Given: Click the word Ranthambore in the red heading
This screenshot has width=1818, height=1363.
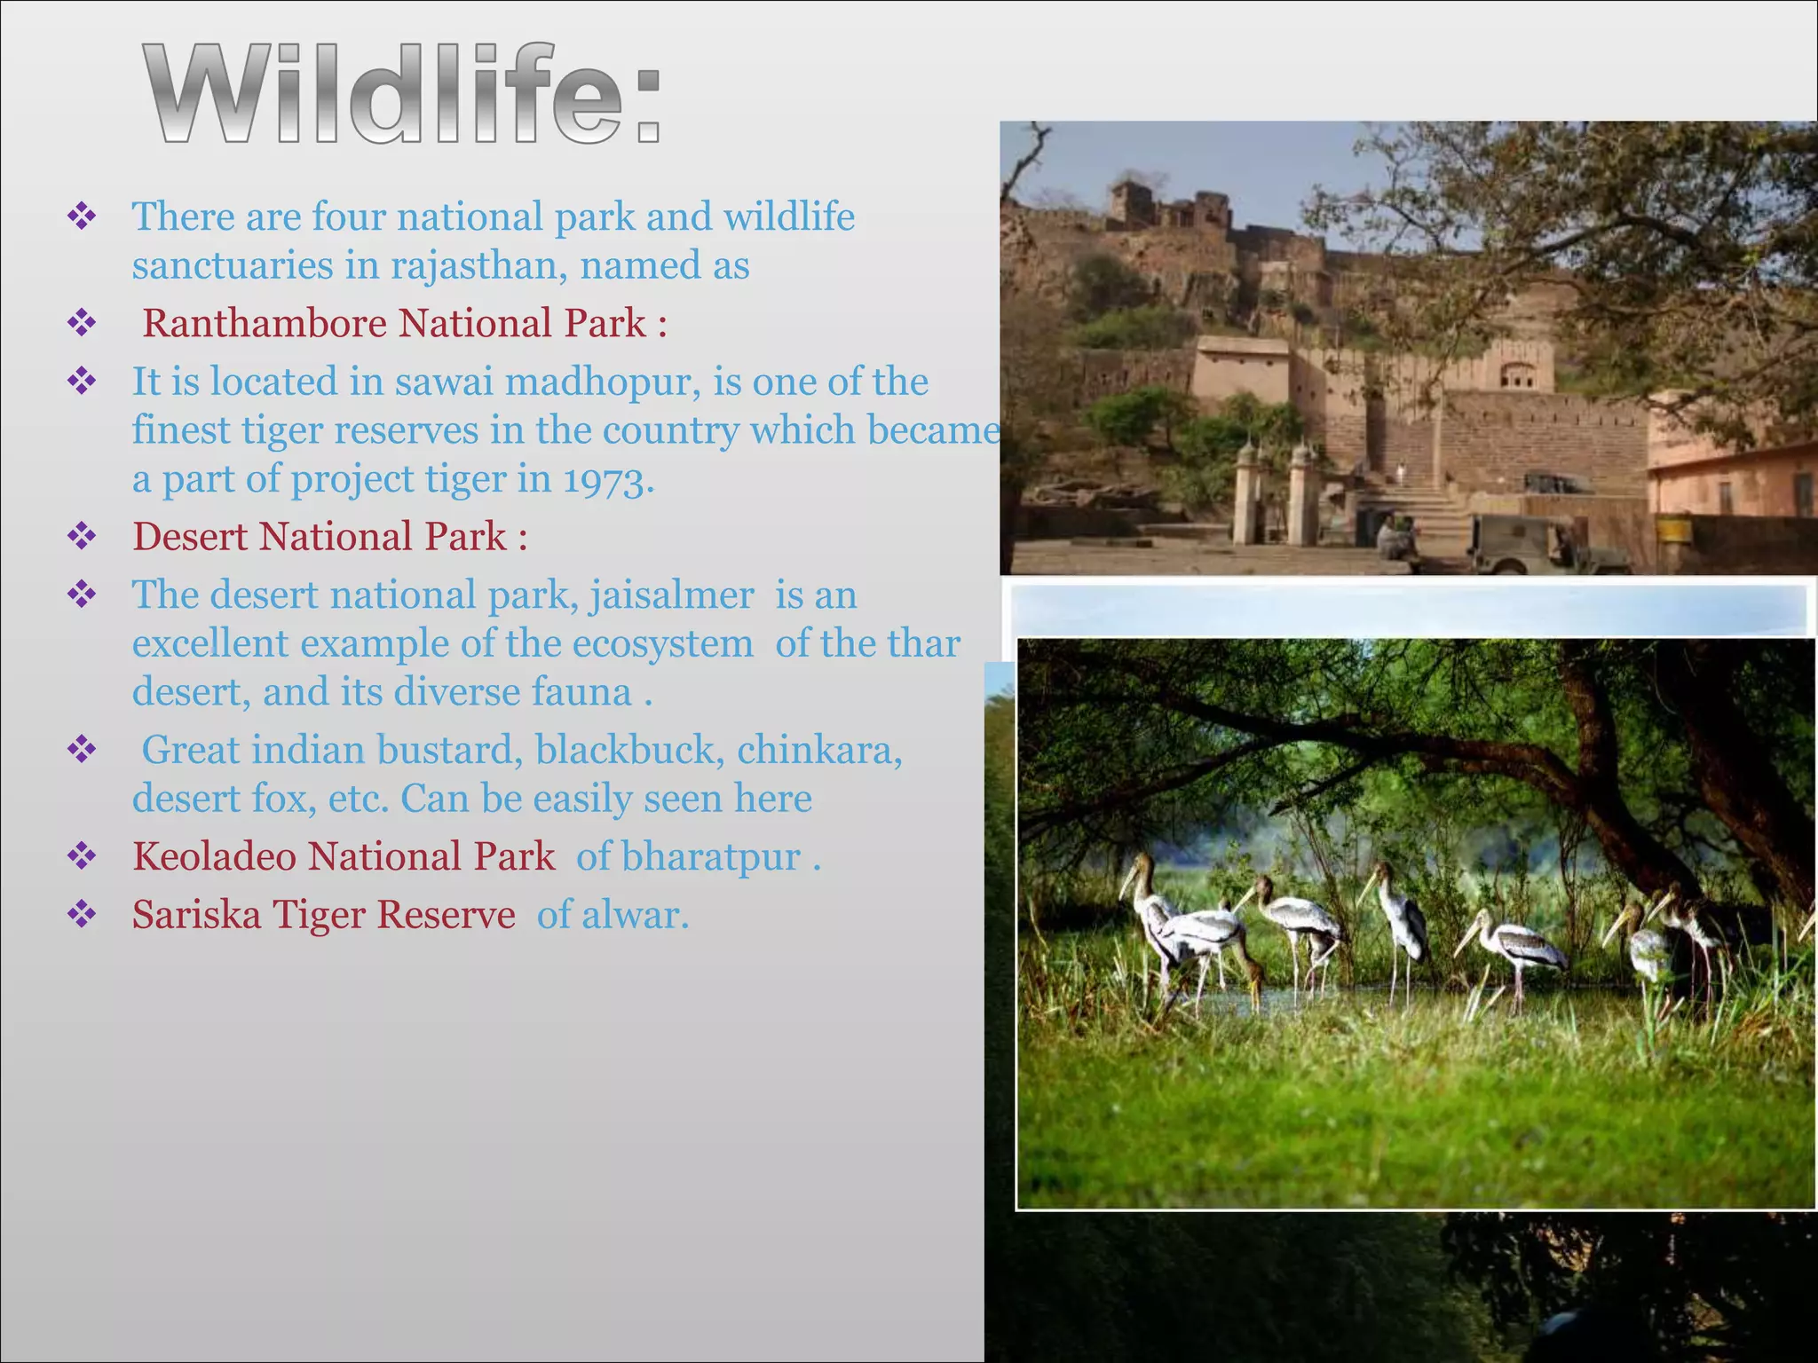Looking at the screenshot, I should tap(263, 324).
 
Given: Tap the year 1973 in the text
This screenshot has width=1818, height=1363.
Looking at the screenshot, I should tap(607, 480).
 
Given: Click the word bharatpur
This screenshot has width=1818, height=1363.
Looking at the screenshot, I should tap(710, 857).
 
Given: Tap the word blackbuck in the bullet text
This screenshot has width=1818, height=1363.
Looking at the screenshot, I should tap(625, 751).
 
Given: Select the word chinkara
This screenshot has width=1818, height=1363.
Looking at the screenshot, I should tap(818, 751).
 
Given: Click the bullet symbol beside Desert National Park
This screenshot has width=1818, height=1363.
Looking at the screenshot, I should tap(82, 537).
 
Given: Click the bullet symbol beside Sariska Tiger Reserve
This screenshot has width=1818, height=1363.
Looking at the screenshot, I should tap(82, 915).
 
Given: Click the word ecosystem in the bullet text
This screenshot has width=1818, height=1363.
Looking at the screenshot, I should tap(662, 644).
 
